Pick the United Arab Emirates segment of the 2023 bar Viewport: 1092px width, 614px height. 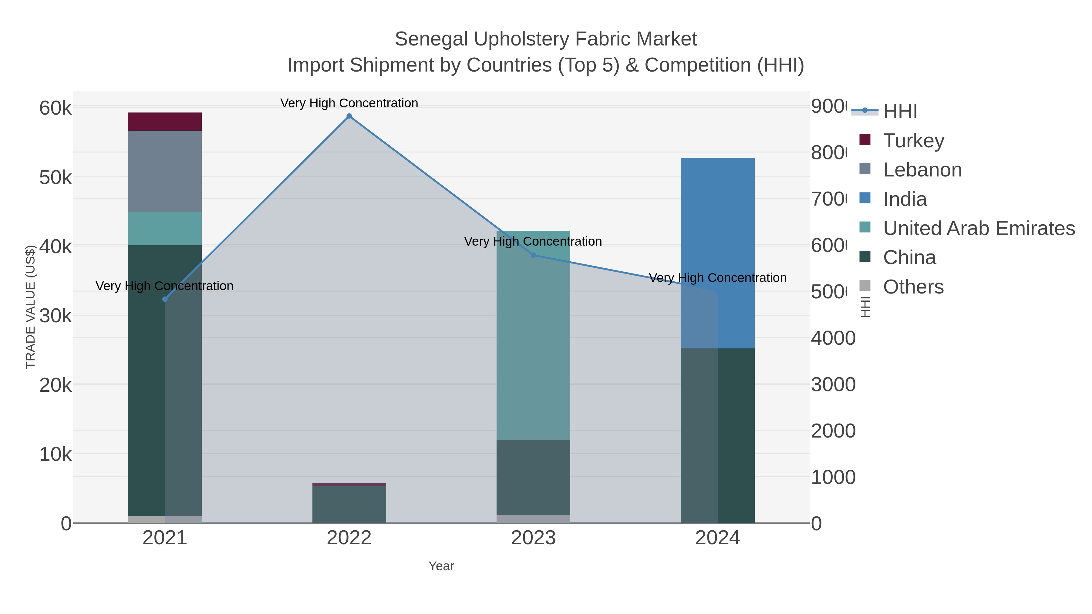pos(533,335)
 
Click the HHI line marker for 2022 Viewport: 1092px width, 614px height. pos(349,116)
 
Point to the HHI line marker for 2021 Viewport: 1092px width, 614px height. pos(165,299)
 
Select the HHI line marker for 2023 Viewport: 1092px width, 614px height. pos(533,255)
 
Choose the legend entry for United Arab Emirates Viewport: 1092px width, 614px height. pos(978,228)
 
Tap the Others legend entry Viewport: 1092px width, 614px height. pos(913,287)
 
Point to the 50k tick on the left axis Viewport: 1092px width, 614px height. pos(56,178)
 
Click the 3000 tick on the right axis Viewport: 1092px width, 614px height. pos(833,385)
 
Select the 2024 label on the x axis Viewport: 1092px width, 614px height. pos(717,538)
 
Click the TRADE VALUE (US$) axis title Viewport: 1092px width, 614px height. pos(31,307)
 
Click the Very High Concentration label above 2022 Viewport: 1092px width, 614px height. pos(349,103)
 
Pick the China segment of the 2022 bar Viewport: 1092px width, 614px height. pos(349,504)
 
